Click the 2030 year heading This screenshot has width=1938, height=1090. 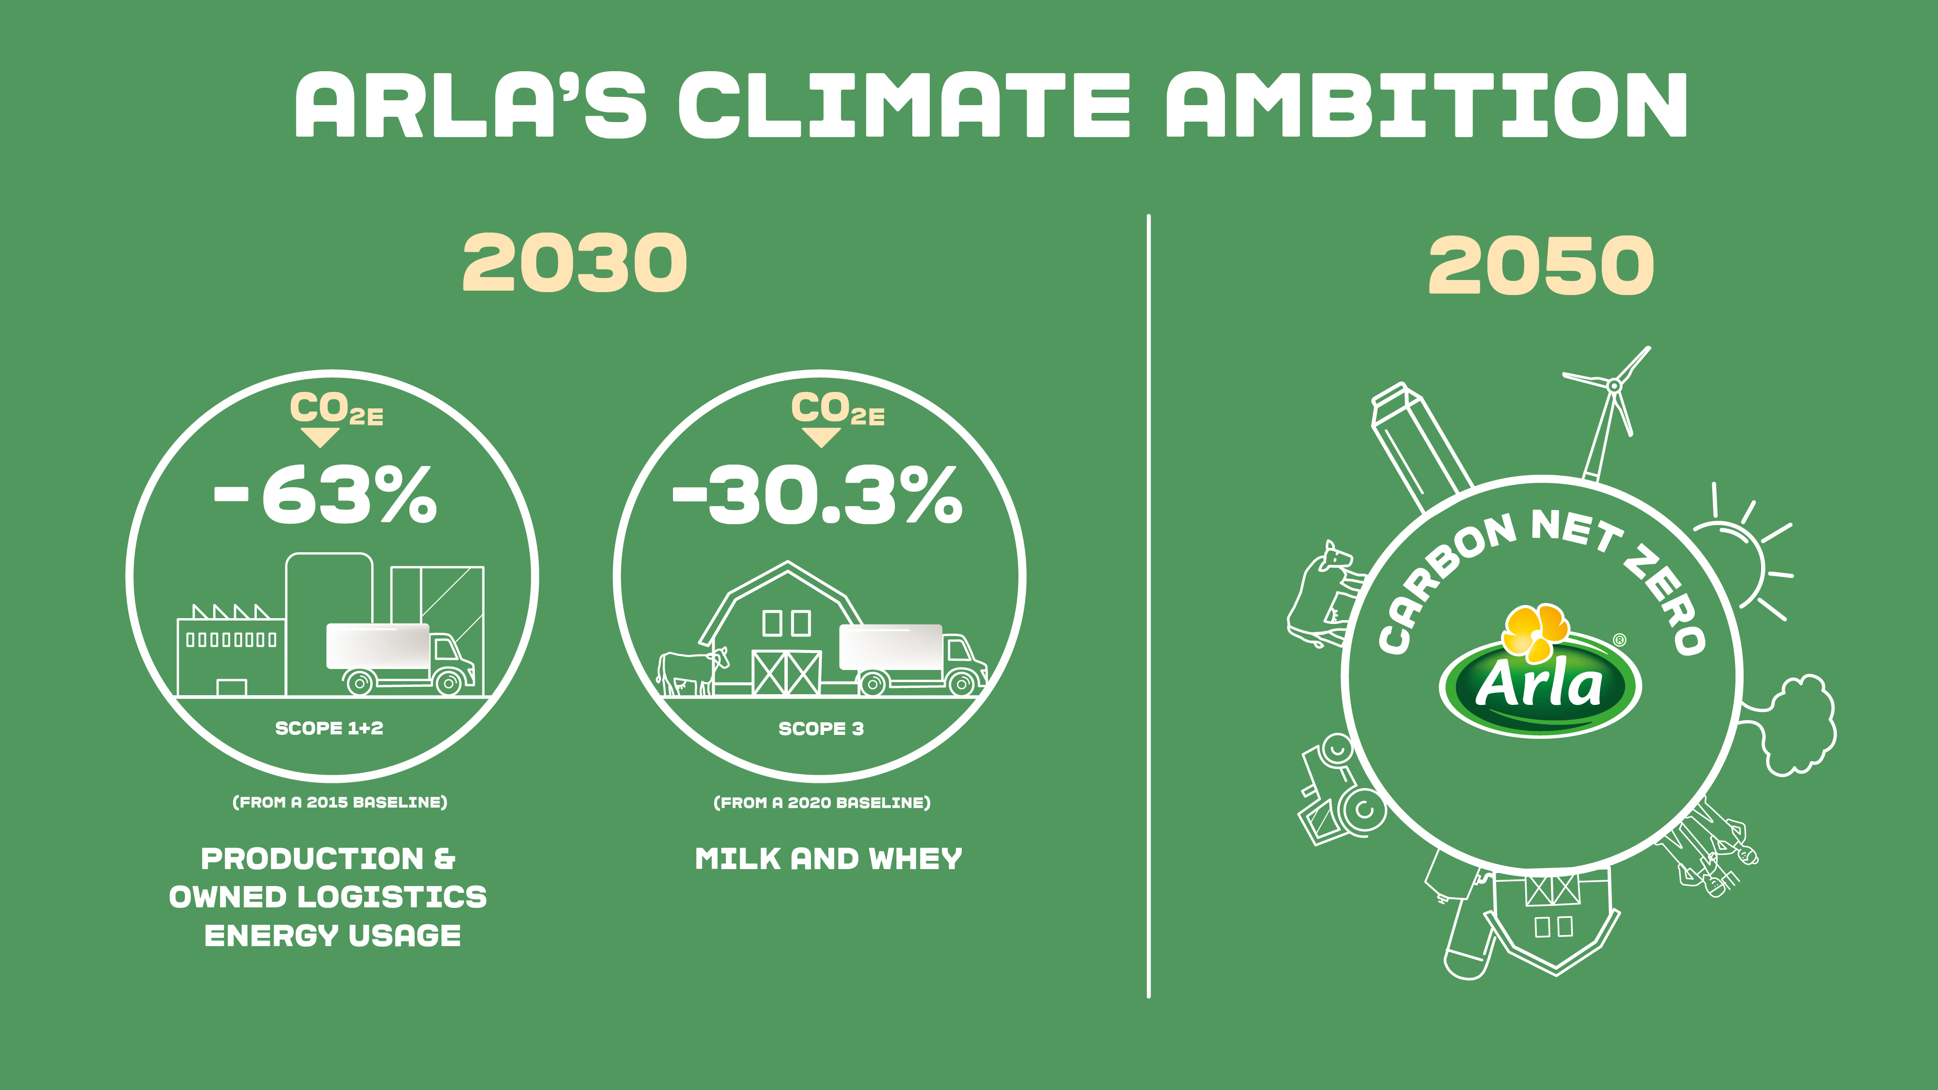[x=575, y=263]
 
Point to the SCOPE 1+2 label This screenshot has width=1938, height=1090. [x=329, y=728]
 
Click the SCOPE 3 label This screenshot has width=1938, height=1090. [x=821, y=728]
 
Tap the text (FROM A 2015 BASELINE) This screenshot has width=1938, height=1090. [x=340, y=802]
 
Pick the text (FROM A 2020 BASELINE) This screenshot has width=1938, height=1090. [x=822, y=803]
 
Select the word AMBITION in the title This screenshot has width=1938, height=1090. [x=1426, y=105]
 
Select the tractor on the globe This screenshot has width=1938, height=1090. [x=1339, y=797]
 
